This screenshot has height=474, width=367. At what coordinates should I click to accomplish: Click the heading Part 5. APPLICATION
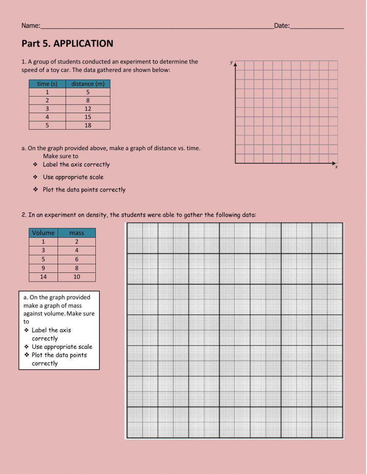click(x=67, y=43)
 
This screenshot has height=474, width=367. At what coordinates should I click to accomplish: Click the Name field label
click(x=30, y=25)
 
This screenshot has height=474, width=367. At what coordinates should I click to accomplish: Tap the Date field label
click(x=281, y=25)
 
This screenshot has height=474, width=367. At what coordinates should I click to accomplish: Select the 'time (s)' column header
click(x=47, y=84)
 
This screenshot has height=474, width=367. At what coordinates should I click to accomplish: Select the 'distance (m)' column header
click(x=88, y=84)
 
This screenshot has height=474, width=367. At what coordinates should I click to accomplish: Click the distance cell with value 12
click(x=88, y=109)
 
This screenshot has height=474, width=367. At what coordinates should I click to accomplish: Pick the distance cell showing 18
click(x=88, y=125)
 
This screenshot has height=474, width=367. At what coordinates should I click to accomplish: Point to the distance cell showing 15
click(x=88, y=117)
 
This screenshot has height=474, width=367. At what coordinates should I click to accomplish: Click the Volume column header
click(x=43, y=233)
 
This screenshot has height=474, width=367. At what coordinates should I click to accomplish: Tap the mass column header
click(x=76, y=233)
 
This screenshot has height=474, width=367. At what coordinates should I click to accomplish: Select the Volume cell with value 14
click(x=43, y=277)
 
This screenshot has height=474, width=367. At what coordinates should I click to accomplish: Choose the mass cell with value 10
click(x=76, y=277)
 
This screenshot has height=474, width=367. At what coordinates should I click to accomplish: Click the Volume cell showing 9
click(x=43, y=268)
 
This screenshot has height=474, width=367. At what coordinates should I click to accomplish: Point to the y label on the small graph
click(x=231, y=62)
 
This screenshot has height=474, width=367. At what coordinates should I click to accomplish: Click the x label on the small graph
click(x=336, y=167)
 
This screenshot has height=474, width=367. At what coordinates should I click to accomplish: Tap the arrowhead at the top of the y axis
click(x=235, y=64)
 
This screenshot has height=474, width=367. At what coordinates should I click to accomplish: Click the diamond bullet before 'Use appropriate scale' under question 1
click(x=35, y=177)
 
